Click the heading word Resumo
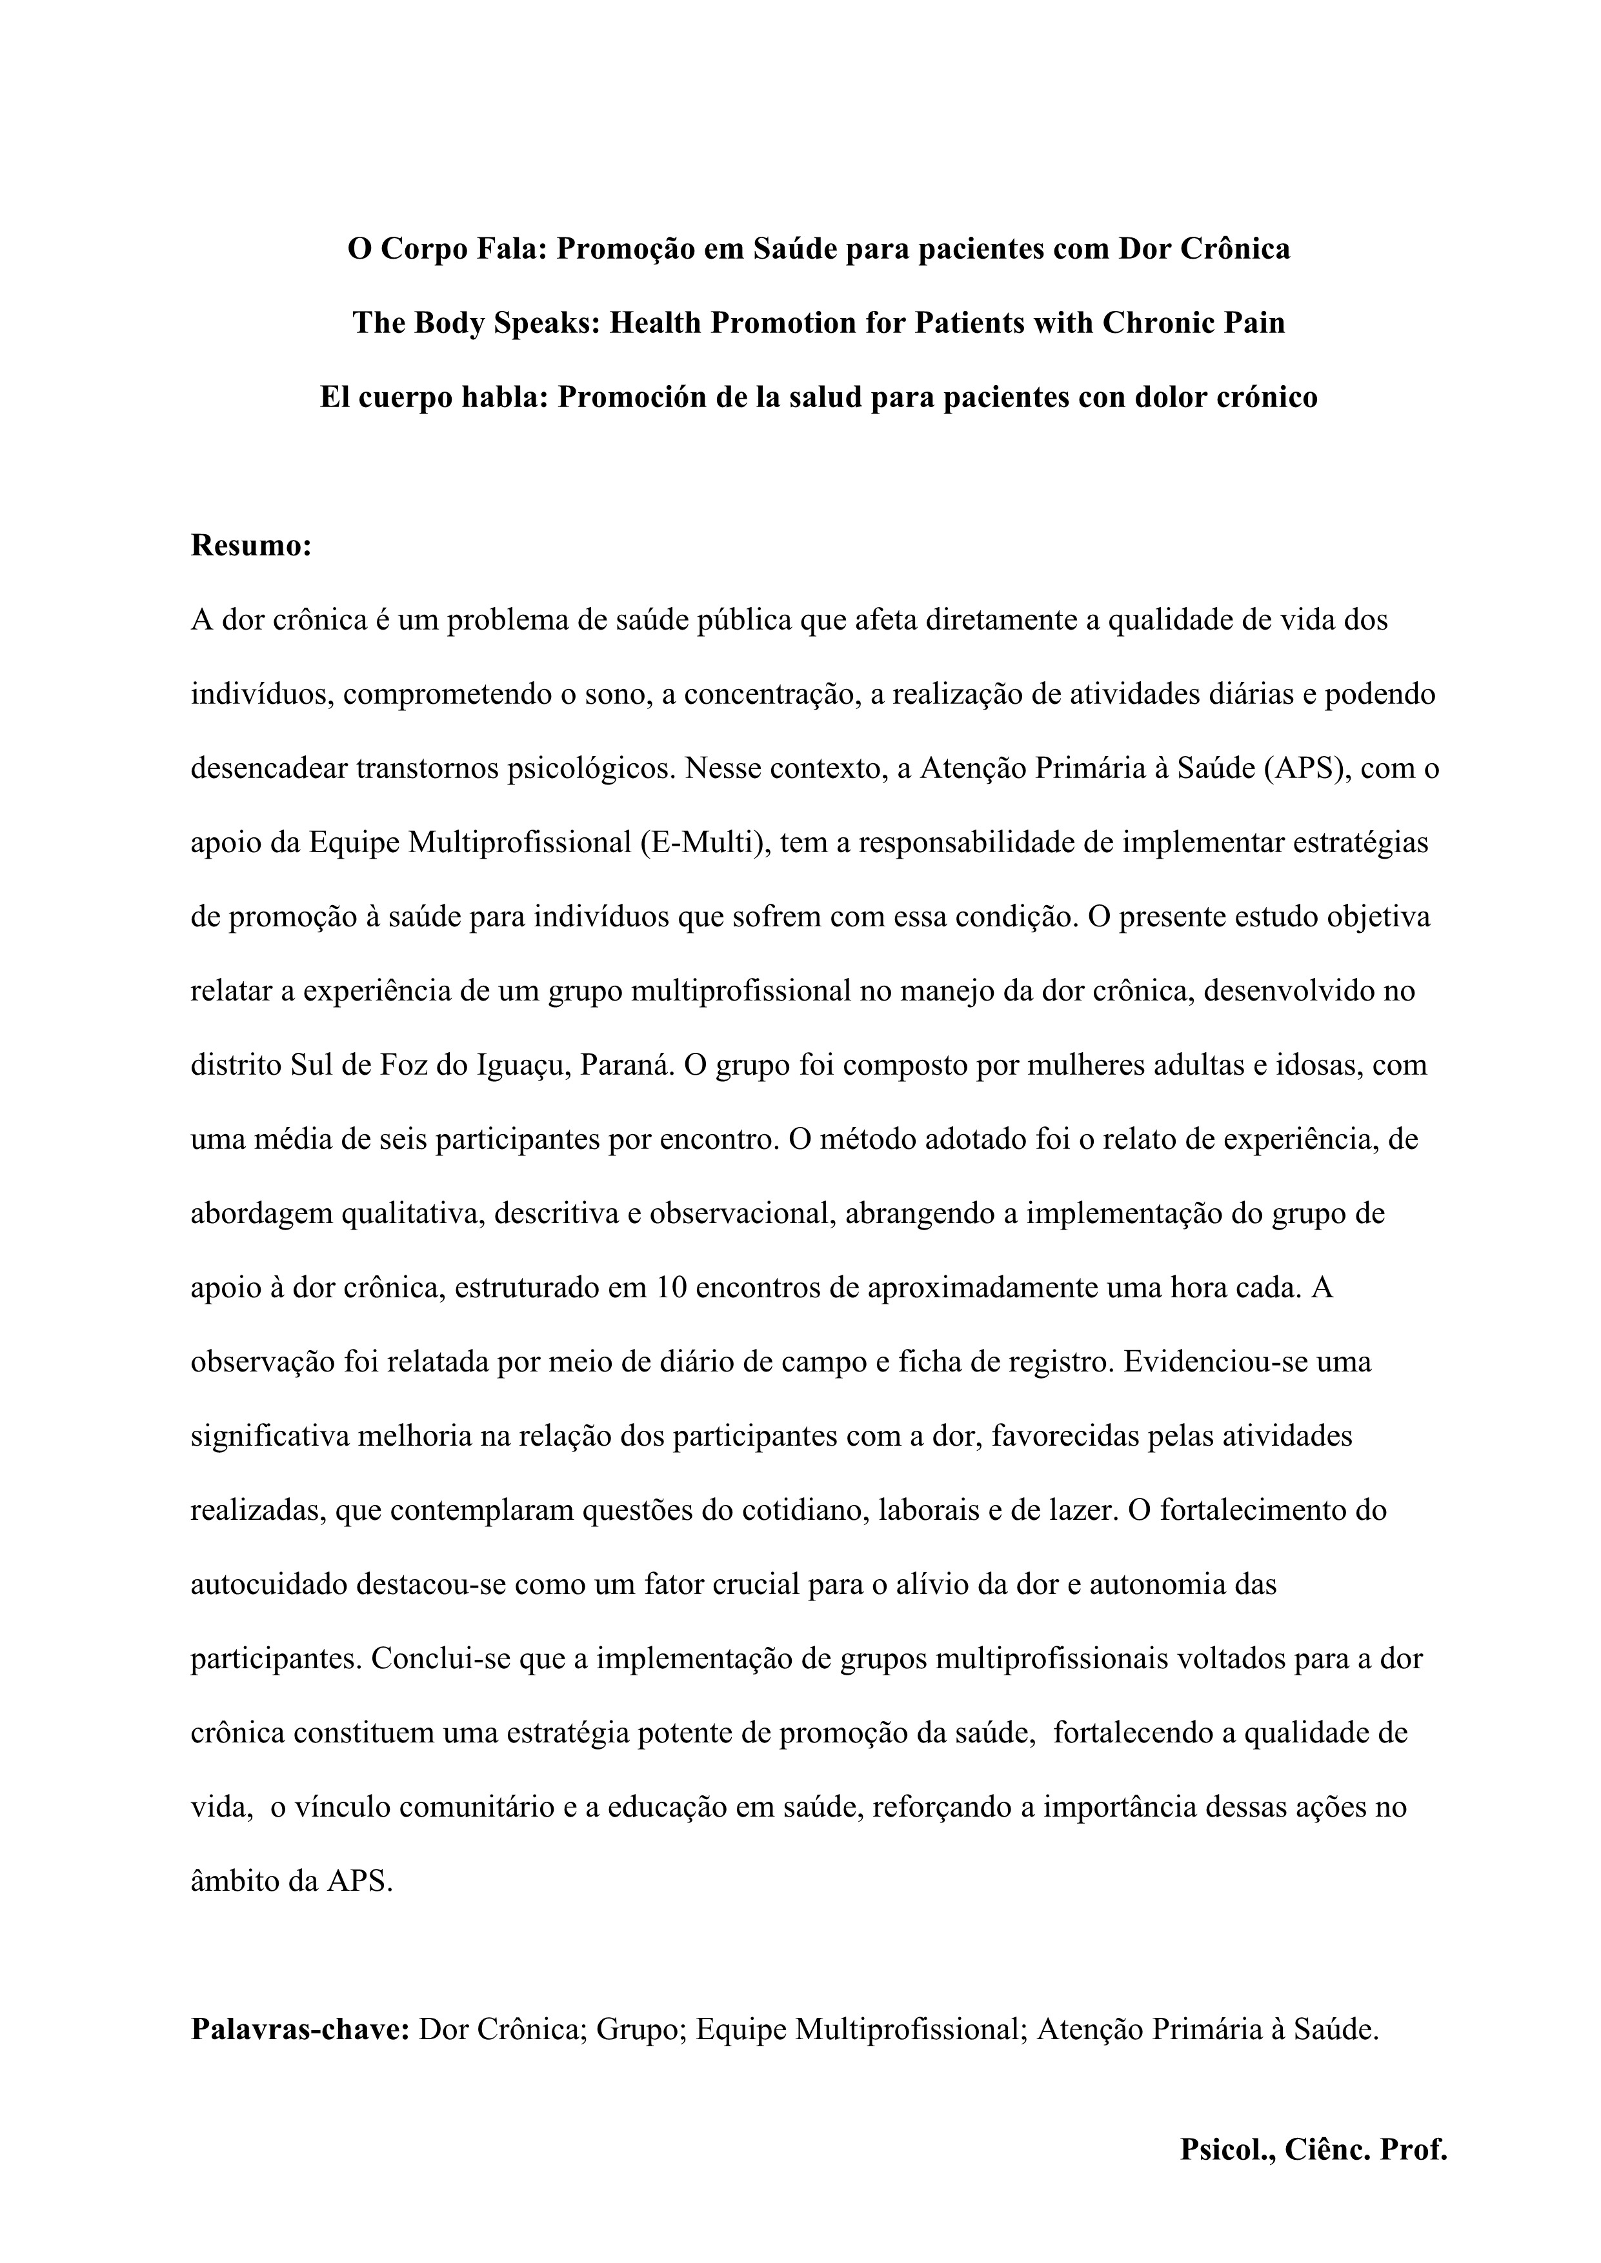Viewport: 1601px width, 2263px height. (x=250, y=545)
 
